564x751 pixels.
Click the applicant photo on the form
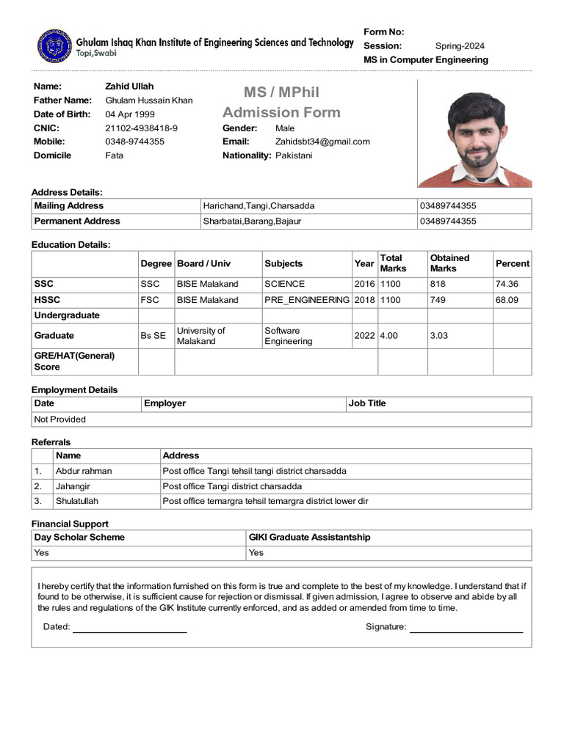point(474,133)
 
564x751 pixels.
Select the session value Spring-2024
point(460,45)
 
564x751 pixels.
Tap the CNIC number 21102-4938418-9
point(141,128)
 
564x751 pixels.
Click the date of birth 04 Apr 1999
point(130,114)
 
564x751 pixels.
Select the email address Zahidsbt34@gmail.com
point(322,142)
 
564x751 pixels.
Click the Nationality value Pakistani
point(294,155)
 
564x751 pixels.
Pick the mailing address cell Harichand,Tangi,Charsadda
point(258,206)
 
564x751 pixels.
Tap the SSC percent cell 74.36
point(507,284)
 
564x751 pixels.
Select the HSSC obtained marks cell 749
point(438,300)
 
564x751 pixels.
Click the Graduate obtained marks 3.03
point(439,335)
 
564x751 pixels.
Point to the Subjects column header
point(283,263)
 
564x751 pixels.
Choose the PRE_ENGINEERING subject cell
point(307,300)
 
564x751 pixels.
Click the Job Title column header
point(367,403)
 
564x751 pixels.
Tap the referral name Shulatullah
point(77,501)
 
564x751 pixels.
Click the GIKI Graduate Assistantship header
point(309,538)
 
